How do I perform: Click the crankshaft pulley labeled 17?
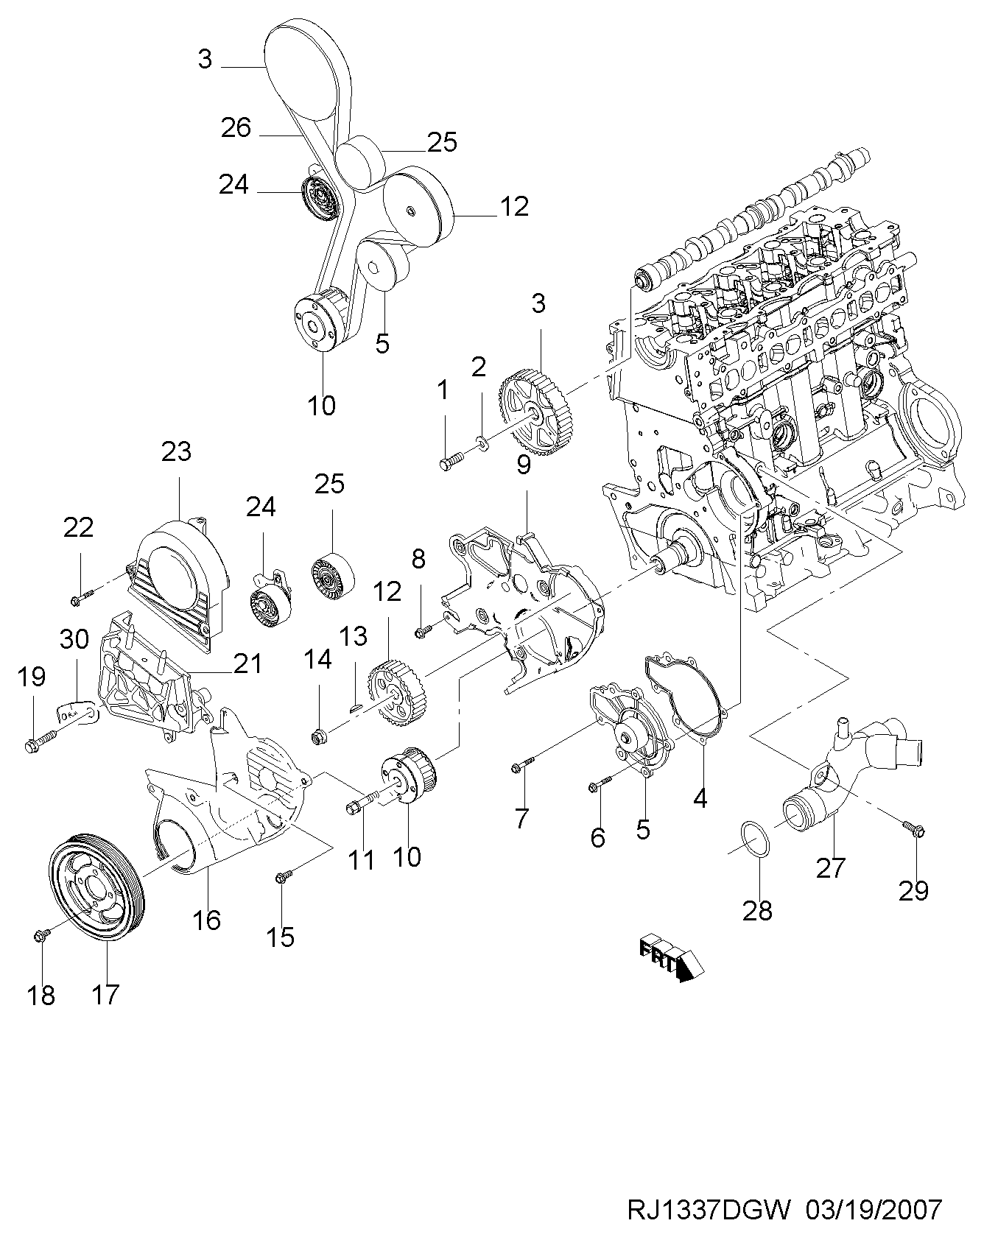point(98,887)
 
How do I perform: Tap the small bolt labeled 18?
point(41,935)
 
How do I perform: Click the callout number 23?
point(177,451)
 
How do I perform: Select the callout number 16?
point(207,919)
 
